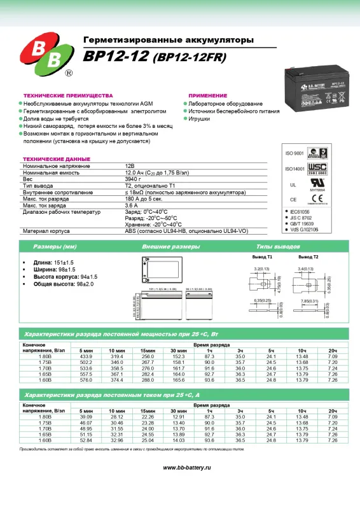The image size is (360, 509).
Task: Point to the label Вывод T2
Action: pyautogui.click(x=308, y=257)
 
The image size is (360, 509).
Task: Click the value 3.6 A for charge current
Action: pyautogui.click(x=132, y=206)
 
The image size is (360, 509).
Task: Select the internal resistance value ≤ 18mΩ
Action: pyautogui.click(x=136, y=193)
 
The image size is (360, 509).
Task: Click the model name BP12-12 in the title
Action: pyautogui.click(x=116, y=57)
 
